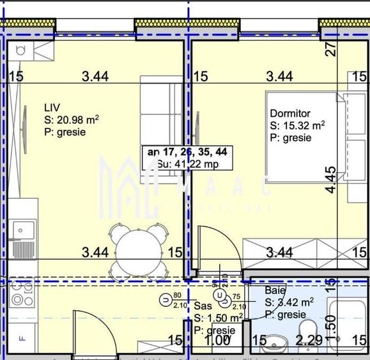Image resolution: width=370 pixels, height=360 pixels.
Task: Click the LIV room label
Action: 52,106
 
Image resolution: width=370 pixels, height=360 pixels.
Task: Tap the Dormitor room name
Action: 290,113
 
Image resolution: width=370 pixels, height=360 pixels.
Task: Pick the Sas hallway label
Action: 202,307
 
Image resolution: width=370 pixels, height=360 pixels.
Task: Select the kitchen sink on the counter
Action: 24,228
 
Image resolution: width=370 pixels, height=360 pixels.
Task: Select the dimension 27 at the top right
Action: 330,50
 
